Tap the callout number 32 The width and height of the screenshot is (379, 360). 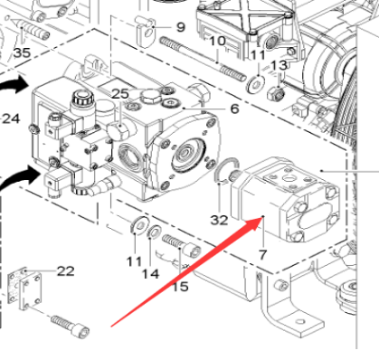coord(220,220)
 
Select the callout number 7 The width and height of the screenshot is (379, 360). coord(263,256)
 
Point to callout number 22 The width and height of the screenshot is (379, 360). coord(65,271)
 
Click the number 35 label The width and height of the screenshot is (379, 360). coord(22,53)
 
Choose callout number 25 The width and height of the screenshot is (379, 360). coord(120,94)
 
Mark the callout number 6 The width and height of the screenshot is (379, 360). coord(233,109)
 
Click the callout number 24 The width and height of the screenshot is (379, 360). coord(10,118)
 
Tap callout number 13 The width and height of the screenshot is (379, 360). coord(280,66)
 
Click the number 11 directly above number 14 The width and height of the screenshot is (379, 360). coord(134,261)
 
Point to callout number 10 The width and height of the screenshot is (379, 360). coord(218,42)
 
